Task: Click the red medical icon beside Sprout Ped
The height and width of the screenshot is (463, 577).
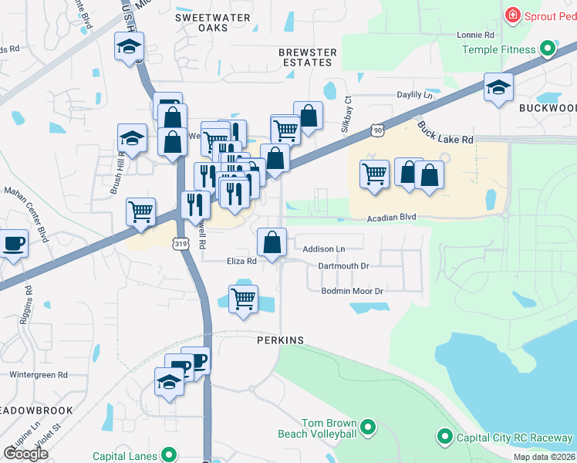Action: point(511,15)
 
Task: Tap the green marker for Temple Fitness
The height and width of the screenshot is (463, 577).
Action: point(548,50)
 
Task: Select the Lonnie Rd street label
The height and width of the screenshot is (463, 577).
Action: point(474,35)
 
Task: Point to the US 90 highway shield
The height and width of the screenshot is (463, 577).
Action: point(376,130)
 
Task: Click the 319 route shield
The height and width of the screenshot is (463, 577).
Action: point(181,244)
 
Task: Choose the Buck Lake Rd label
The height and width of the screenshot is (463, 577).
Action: point(445,133)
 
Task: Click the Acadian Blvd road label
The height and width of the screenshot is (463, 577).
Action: point(391,218)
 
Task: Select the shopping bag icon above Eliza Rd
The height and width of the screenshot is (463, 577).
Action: point(272,242)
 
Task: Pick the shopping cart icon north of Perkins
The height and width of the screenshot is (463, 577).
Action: point(244,298)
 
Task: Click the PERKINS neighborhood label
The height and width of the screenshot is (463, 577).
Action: point(280,340)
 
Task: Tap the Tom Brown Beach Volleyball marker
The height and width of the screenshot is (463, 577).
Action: point(368,426)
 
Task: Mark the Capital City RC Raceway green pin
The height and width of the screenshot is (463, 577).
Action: point(444,438)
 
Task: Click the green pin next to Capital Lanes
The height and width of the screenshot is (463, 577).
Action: point(167,456)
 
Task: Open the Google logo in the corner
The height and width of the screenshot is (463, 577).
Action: point(25,453)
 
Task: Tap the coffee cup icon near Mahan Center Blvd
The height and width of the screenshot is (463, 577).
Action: point(13,243)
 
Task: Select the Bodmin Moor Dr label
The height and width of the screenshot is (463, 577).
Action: point(353,291)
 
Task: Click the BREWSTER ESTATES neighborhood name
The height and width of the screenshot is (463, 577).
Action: point(308,58)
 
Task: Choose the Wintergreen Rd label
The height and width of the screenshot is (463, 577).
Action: point(39,375)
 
